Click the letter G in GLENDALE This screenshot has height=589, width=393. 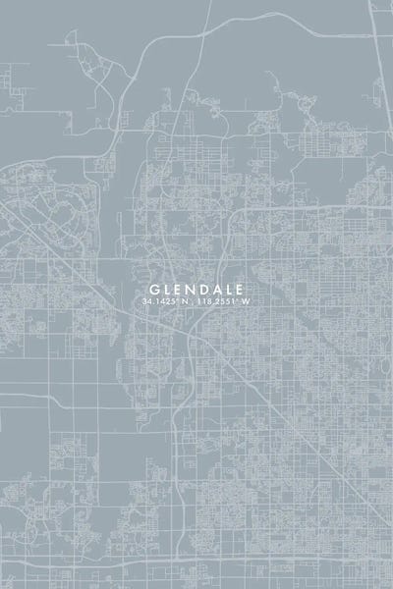click(151, 290)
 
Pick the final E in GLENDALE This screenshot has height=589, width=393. click(237, 290)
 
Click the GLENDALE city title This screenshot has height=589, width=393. click(195, 290)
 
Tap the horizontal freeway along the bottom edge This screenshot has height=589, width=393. click(196, 567)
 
